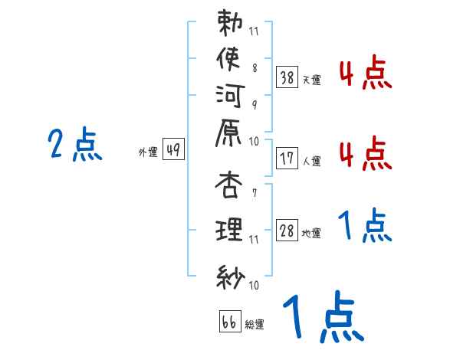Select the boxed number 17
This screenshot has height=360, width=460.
tap(287, 158)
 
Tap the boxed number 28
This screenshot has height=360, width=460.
tap(287, 231)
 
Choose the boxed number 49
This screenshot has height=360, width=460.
tap(173, 150)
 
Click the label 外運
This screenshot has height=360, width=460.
tap(148, 152)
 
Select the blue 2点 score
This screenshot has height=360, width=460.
tap(75, 144)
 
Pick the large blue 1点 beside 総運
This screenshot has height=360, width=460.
tap(321, 319)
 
